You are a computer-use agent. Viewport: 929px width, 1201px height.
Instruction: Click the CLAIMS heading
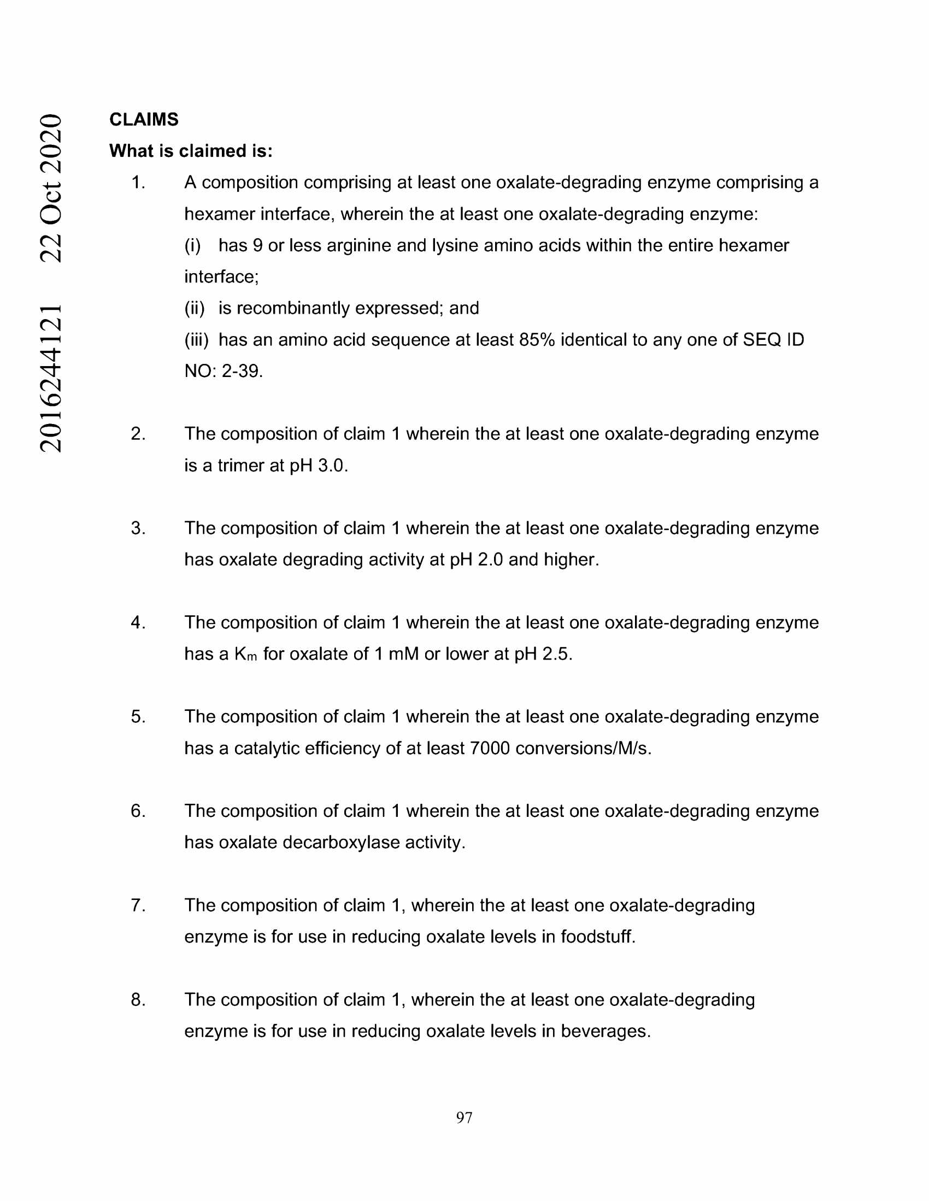[x=144, y=119]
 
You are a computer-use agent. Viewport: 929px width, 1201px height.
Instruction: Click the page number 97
[x=464, y=1118]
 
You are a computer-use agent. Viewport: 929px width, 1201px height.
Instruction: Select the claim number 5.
[x=138, y=716]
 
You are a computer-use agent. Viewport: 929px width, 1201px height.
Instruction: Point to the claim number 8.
[x=138, y=999]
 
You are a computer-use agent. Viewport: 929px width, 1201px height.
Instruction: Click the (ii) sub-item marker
[x=194, y=308]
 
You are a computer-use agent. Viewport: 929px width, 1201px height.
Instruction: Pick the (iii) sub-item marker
[x=196, y=340]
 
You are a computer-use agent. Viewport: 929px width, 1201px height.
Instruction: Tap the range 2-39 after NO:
[x=242, y=371]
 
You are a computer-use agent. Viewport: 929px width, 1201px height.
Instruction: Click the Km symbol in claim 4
[x=245, y=655]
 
